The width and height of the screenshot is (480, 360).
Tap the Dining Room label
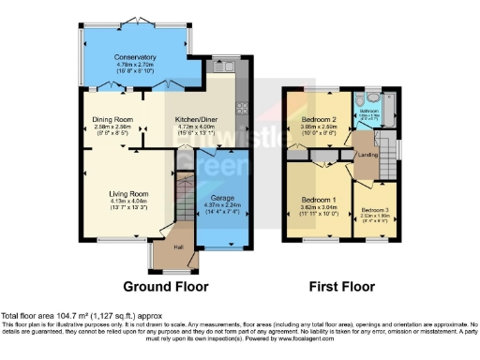click(x=112, y=120)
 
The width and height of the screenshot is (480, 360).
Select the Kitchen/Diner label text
click(x=198, y=120)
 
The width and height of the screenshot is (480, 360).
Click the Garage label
click(x=221, y=199)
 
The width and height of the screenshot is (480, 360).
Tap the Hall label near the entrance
click(x=178, y=247)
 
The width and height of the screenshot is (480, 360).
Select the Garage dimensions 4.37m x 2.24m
click(x=221, y=206)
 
